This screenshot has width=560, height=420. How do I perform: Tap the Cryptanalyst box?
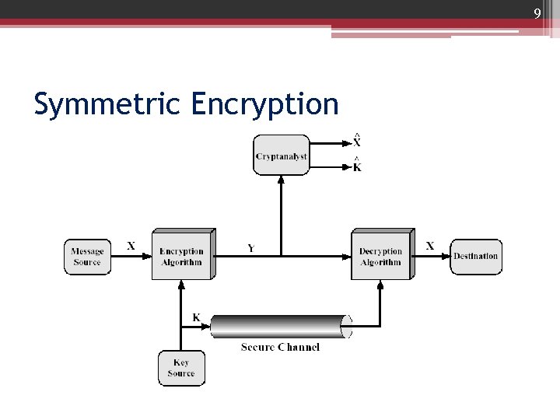coord(281,156)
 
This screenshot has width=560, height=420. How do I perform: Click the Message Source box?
coord(87,257)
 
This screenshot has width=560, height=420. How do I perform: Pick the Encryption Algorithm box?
coord(181,257)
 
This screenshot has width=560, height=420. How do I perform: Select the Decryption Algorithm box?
coord(380,257)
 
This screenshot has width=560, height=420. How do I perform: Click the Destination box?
coord(475,257)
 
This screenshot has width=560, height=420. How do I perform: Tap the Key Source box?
coord(181,368)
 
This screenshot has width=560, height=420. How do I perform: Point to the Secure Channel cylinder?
coord(281,327)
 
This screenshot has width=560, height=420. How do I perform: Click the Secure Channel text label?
coord(280,347)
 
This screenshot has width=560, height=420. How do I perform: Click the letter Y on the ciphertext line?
coord(250,248)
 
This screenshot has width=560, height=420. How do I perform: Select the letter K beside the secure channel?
coord(196,317)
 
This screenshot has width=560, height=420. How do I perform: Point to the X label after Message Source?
coord(131,246)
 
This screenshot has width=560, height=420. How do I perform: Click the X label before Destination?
coord(430,246)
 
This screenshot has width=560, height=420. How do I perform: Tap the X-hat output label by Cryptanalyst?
coord(357,142)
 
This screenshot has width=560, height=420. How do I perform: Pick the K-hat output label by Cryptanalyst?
coord(357,166)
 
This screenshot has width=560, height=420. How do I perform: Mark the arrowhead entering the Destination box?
coord(446,256)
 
